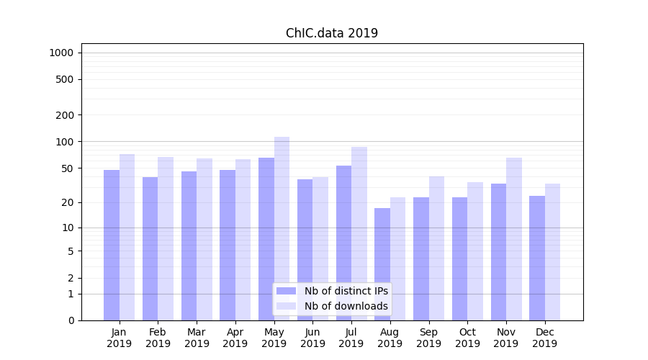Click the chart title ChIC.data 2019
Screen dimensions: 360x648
coord(331,33)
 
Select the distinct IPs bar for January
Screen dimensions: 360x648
coord(112,245)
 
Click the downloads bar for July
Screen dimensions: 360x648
coord(359,233)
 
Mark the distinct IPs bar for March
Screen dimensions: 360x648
coord(189,246)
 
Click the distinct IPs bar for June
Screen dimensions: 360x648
coord(305,249)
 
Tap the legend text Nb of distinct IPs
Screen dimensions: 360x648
coord(346,291)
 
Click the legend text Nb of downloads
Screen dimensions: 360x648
coord(346,306)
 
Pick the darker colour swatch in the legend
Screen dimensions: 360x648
coord(286,291)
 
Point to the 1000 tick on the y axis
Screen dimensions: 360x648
coord(61,53)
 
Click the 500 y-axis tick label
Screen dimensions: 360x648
coord(65,79)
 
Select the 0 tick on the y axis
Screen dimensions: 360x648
coord(71,320)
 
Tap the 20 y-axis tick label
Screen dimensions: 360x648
coord(68,202)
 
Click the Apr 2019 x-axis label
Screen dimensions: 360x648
coord(235,338)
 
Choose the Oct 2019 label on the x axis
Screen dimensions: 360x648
coord(467,338)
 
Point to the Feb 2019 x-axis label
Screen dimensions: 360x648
coord(158,338)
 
